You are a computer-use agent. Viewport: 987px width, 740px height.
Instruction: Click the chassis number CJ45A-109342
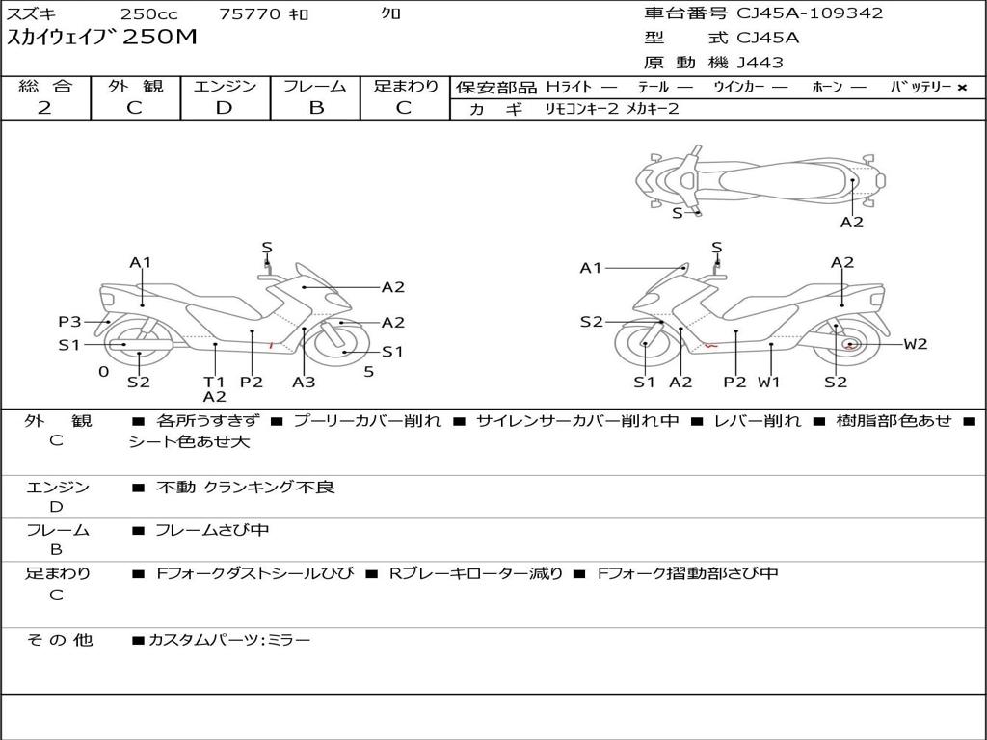(810, 13)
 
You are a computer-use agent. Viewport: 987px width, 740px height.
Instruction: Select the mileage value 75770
(250, 14)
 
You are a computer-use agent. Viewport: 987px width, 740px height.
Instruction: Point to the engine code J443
(760, 63)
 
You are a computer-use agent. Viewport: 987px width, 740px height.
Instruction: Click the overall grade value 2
(44, 108)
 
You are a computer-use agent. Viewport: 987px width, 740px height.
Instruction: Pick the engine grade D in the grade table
(225, 108)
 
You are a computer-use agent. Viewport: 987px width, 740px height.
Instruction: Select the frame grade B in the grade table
(315, 108)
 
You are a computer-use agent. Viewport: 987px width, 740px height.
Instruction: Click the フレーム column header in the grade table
(315, 87)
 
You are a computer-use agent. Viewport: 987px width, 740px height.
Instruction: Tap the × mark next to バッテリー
(961, 88)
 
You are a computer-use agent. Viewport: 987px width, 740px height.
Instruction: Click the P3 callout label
(69, 322)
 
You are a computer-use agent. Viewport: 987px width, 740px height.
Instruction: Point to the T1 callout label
(214, 382)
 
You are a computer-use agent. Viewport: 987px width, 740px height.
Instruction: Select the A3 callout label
(304, 382)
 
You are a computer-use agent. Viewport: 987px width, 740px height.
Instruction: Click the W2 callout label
(916, 344)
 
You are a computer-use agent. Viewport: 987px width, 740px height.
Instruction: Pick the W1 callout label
(768, 382)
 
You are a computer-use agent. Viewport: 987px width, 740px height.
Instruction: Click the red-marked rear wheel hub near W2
(849, 344)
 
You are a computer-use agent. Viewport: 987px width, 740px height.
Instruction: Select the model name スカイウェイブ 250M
(102, 39)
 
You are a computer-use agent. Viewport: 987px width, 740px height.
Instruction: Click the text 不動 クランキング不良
(246, 488)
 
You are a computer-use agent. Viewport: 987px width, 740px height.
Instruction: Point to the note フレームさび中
(212, 530)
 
